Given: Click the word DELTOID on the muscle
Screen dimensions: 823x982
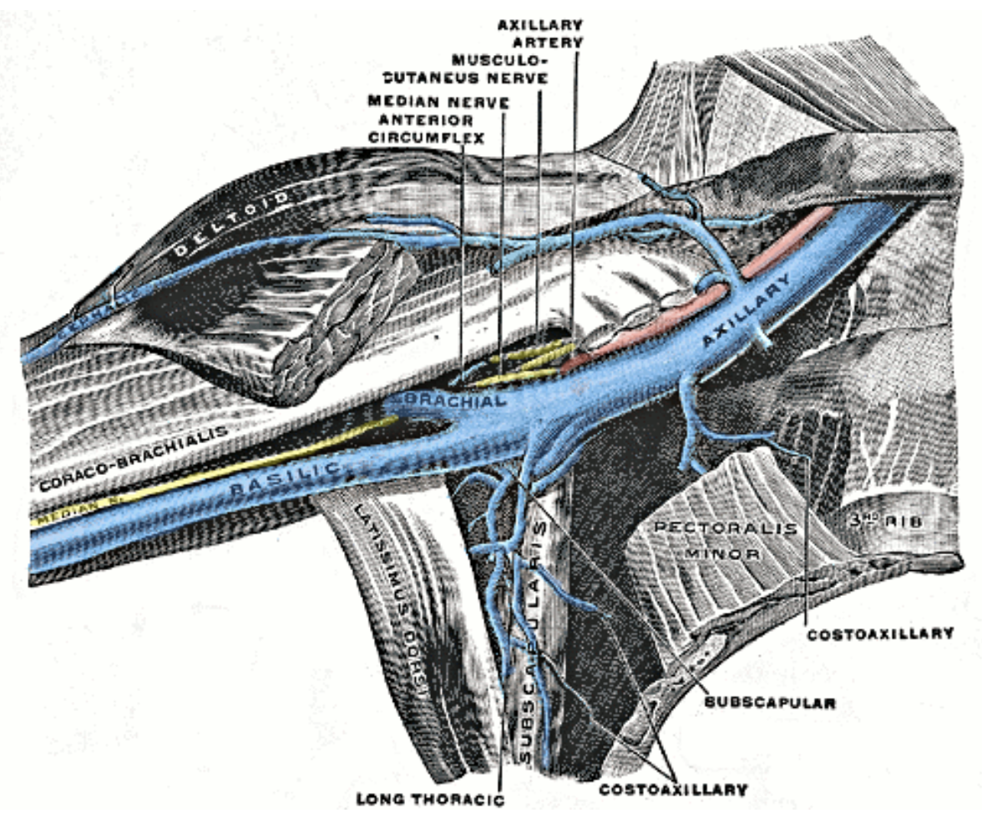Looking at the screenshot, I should (230, 221).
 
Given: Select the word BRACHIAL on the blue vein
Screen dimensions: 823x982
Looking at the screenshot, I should (453, 401).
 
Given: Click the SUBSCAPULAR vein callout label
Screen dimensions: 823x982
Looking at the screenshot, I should (770, 703).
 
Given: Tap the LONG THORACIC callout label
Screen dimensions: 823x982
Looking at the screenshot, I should (432, 800).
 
